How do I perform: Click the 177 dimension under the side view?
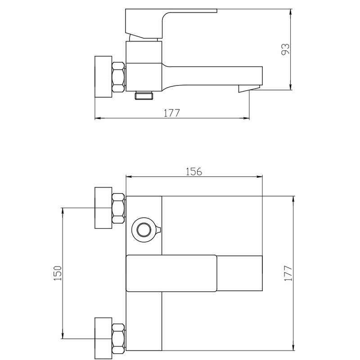coord(171,113)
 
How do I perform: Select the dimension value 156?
coord(194,171)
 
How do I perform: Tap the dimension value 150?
coord(57,273)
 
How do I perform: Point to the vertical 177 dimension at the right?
coord(288,273)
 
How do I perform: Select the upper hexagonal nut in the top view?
coord(118,208)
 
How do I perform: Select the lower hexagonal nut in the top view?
coord(118,338)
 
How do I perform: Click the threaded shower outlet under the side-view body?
coord(144,95)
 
